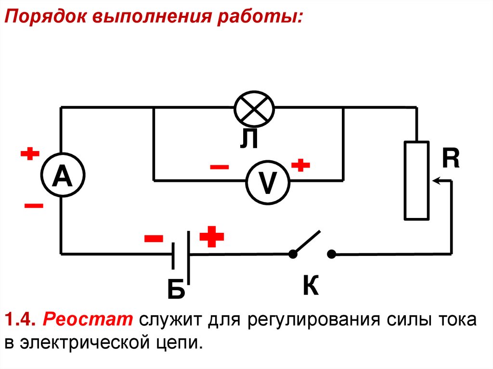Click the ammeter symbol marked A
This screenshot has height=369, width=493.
tap(61, 176)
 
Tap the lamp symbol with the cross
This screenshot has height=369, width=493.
tap(254, 107)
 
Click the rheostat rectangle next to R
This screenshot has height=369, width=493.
tap(416, 181)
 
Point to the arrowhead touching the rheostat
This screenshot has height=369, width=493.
tap(435, 181)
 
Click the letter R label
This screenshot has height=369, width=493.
tap(451, 159)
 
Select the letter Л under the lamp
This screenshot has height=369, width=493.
tap(250, 139)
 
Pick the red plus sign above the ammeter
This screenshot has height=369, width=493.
tap(30, 154)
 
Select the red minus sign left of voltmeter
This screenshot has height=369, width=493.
tap(220, 167)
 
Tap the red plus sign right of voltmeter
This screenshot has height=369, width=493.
tap(300, 165)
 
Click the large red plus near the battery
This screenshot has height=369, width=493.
tap(212, 237)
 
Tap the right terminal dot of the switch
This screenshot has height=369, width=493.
tap(331, 254)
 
